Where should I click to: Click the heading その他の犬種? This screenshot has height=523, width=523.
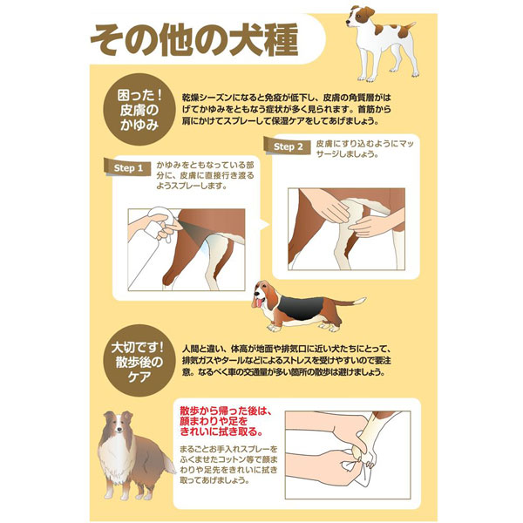(x=194, y=39)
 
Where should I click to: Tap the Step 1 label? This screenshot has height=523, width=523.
(x=128, y=167)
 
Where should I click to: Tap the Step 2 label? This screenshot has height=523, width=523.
(x=288, y=146)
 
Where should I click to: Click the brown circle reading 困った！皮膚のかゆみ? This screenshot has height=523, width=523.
(x=139, y=110)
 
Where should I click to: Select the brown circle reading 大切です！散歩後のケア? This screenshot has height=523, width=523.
(x=139, y=362)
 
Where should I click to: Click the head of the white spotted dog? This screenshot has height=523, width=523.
(x=359, y=17)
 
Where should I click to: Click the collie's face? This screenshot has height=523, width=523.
(x=119, y=426)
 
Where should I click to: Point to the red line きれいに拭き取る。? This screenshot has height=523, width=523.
(x=221, y=432)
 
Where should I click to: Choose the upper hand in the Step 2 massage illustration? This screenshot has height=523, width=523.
(x=324, y=204)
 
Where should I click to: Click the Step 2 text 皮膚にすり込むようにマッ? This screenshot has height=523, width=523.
(x=365, y=144)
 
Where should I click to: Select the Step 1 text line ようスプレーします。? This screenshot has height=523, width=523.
(x=192, y=187)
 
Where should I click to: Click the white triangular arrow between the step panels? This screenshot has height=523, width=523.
(x=264, y=225)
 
